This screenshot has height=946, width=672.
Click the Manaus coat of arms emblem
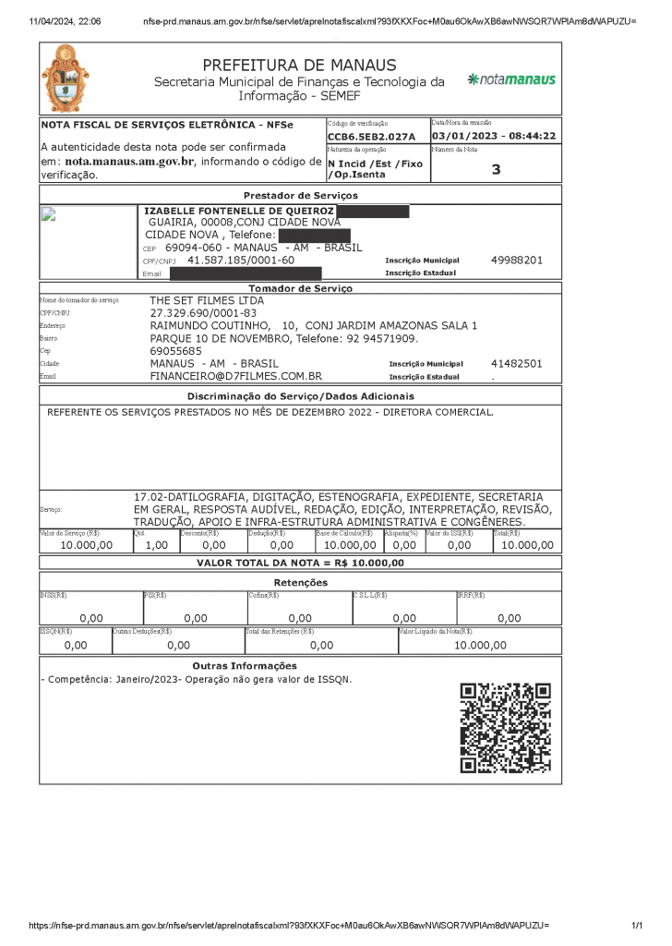66,79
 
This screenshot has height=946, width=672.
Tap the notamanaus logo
511,79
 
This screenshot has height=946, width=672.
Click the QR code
505,727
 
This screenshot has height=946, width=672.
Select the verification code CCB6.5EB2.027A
372,137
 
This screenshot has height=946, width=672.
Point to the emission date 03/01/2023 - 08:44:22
494,136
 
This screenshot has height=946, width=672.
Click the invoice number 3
496,169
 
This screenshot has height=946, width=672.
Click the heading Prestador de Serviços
300,196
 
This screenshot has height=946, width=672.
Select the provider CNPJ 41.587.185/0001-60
241,261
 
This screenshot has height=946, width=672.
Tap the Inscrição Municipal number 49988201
517,261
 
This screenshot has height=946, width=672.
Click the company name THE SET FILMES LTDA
207,300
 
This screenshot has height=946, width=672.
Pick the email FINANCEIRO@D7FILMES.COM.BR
235,377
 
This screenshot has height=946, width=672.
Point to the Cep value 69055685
175,351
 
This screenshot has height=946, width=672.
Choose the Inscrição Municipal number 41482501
517,364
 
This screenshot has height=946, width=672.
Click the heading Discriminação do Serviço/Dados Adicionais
300,396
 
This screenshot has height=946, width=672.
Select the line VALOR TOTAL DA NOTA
300,563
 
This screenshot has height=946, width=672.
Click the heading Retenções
300,583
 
